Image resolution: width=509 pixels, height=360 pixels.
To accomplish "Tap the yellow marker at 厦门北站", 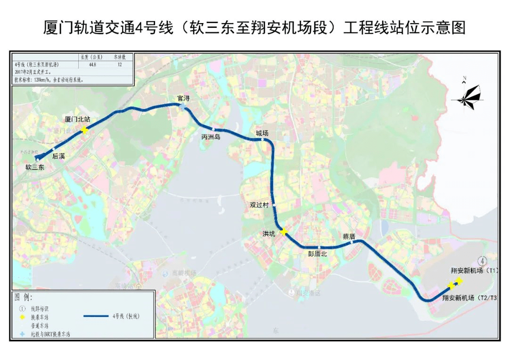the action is tap(84, 130).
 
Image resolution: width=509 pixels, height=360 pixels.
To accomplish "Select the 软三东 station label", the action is tap(34, 166).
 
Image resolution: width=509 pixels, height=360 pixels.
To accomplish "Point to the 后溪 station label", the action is tap(58, 155).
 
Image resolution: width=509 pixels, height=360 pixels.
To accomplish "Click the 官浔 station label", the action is tap(183, 98).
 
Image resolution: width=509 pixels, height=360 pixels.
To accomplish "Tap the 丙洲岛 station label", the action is tap(211, 137).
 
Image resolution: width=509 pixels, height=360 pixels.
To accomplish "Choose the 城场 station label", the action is tap(262, 133).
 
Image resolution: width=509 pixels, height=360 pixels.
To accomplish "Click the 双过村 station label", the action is tap(259, 205).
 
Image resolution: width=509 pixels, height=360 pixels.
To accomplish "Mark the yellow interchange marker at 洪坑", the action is tap(283, 231).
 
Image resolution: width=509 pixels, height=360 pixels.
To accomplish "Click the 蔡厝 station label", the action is tap(349, 237).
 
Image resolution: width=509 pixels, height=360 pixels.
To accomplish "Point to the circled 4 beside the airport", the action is tap(482, 260).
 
